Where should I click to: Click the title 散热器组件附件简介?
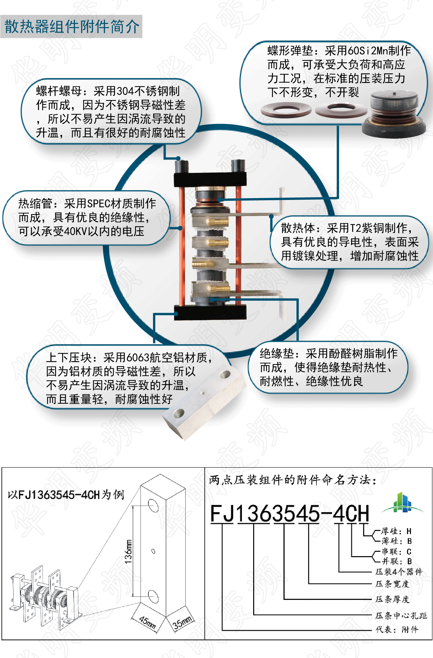click(72, 27)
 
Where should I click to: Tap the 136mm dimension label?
click(128, 551)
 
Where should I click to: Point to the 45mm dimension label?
click(148, 622)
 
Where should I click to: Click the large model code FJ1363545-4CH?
click(290, 514)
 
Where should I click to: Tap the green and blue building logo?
click(402, 503)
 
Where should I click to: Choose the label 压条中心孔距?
click(401, 616)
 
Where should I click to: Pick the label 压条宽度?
click(392, 584)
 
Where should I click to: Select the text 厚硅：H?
click(396, 531)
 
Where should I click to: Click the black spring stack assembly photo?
click(394, 114)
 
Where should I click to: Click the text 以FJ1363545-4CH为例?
click(66, 495)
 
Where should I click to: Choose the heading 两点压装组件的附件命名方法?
click(292, 480)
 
